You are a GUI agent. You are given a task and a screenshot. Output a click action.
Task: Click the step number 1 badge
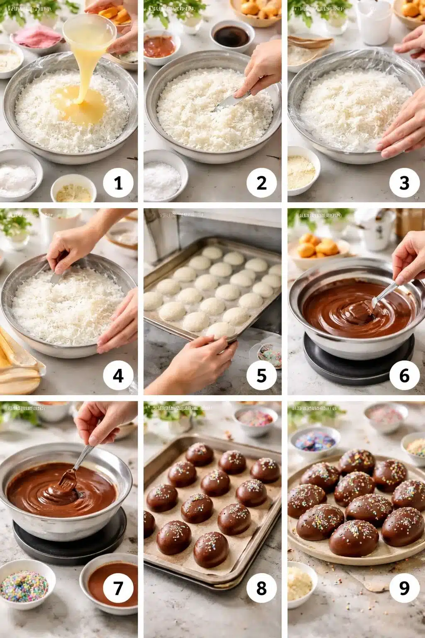(x=118, y=183)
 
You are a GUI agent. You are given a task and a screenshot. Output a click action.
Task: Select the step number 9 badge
(x=404, y=588)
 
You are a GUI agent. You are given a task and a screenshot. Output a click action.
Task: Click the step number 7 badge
(x=118, y=588)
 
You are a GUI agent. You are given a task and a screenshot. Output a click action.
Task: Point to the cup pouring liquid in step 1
(x=89, y=31)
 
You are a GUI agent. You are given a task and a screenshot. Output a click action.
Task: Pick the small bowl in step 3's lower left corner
(x=302, y=170)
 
